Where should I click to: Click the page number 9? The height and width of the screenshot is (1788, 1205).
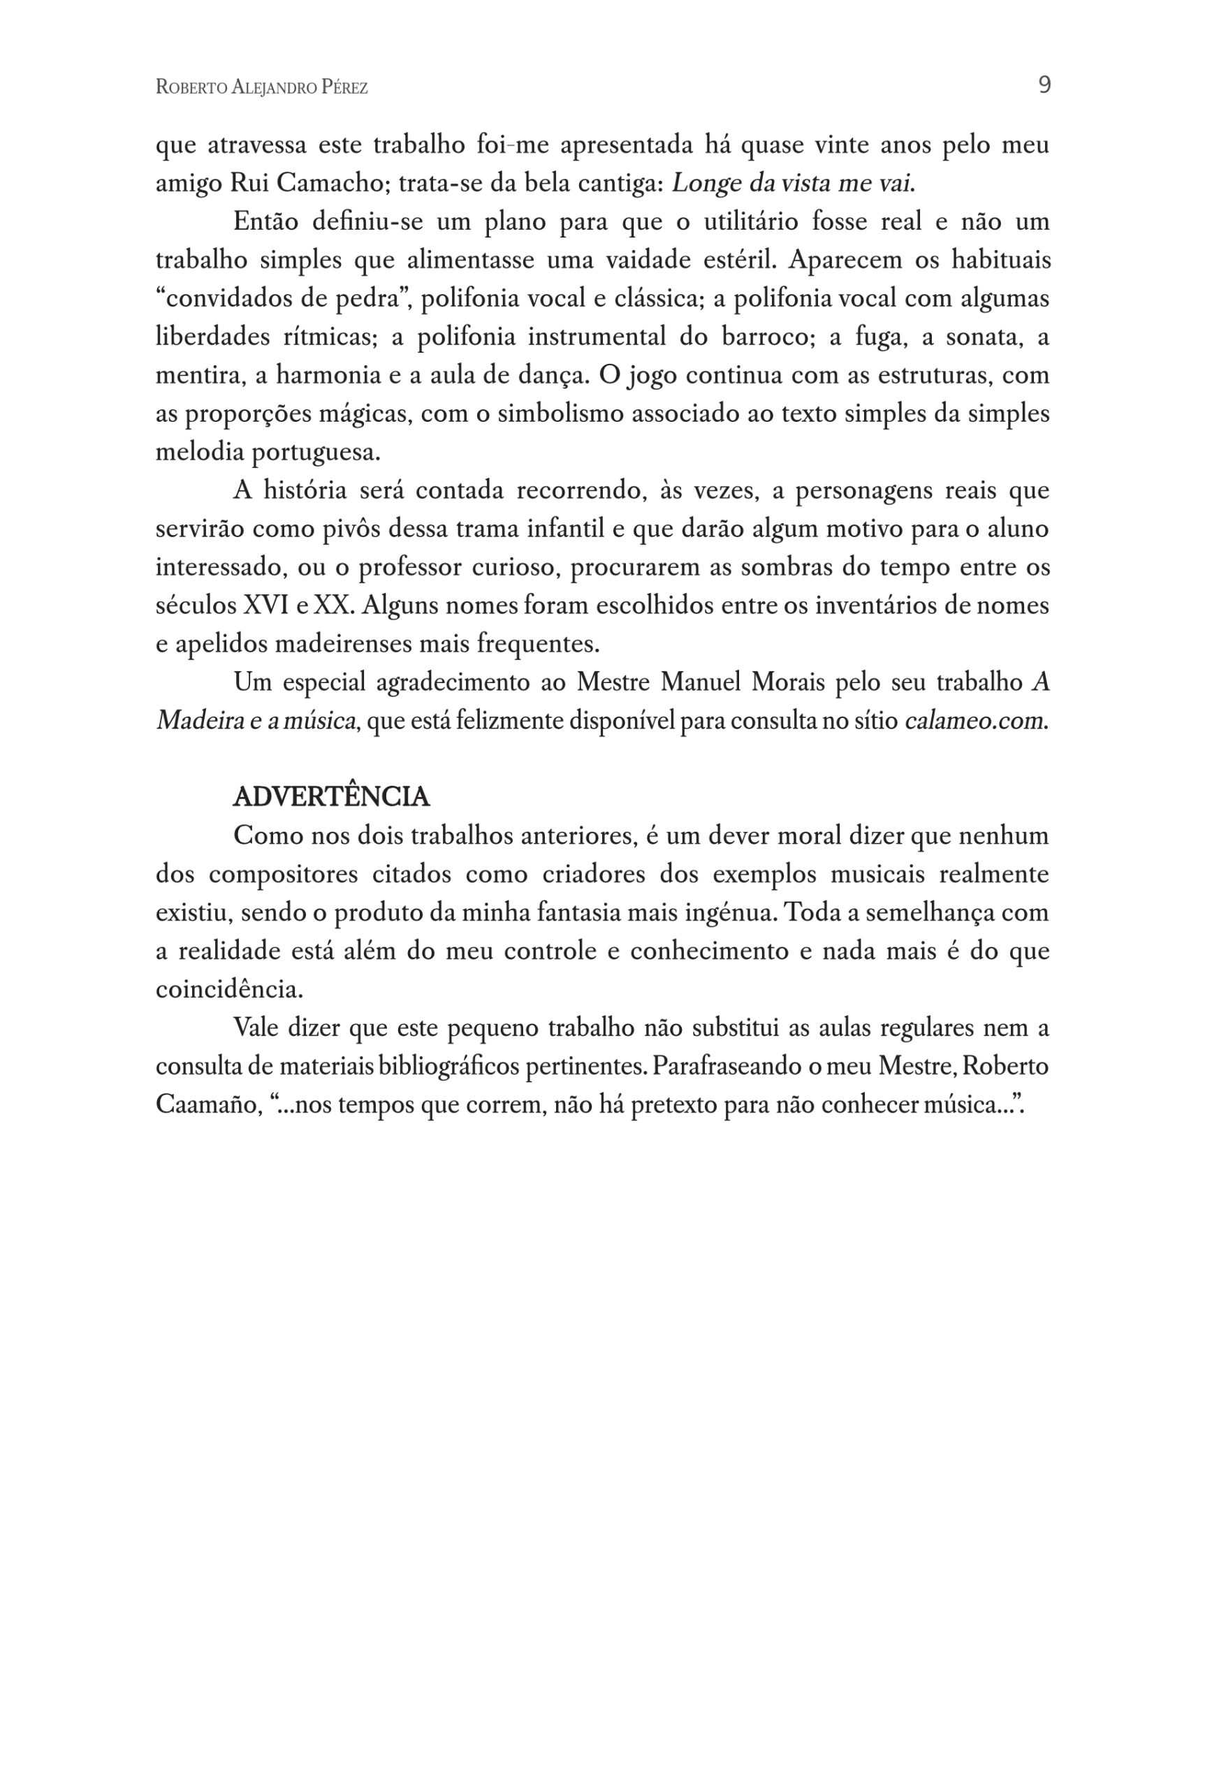tap(1044, 85)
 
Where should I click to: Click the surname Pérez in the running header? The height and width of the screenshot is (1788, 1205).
tap(344, 87)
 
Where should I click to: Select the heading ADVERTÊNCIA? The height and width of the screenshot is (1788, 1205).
tap(330, 797)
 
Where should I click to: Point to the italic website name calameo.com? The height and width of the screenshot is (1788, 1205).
tap(974, 721)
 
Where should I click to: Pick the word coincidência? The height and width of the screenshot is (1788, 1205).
tap(229, 990)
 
